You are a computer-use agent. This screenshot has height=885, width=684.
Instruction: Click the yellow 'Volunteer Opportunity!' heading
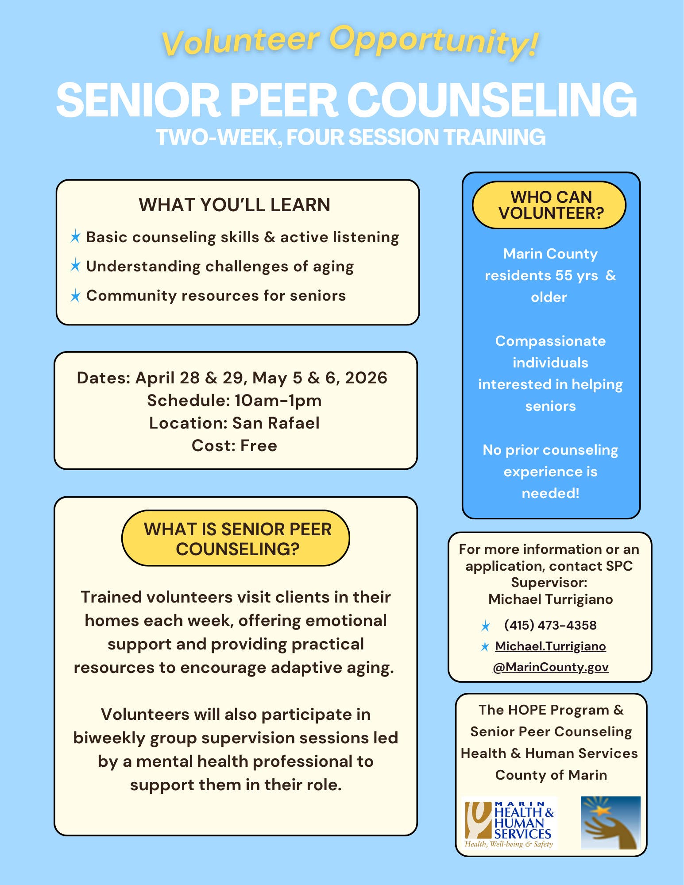350,41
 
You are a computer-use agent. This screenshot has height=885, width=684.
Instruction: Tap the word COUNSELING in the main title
491,101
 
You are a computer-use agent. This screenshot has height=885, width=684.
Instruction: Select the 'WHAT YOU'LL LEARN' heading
234,205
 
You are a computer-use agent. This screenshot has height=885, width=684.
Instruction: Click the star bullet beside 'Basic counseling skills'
75,237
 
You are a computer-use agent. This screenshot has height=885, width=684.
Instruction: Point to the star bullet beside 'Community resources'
75,296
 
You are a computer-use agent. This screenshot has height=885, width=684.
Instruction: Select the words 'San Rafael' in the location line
276,423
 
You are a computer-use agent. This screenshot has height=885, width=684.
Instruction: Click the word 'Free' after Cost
259,445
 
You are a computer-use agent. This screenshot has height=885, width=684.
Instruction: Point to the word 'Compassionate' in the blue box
550,341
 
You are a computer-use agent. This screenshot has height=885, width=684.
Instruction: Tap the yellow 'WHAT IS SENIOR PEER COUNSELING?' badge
236,538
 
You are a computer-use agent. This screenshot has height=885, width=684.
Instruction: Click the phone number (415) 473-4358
550,625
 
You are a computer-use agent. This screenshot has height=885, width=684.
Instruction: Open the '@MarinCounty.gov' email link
551,667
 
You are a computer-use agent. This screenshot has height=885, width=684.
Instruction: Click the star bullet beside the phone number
485,626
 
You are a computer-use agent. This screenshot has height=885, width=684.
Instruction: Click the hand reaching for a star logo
611,822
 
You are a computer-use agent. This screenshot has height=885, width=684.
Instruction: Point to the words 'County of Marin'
551,775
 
